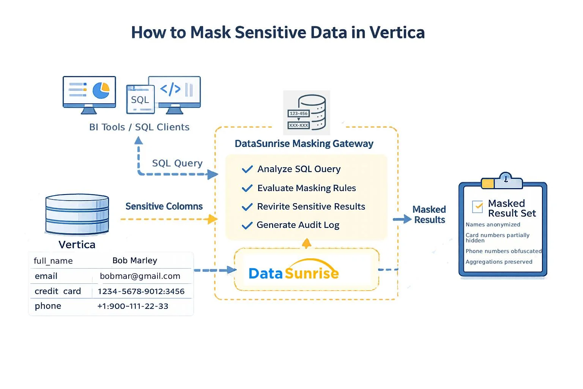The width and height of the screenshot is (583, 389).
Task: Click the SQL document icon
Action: coord(140,100)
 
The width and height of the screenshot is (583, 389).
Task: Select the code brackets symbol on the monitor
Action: coord(170,89)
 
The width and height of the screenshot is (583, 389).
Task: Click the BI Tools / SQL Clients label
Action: coord(139,127)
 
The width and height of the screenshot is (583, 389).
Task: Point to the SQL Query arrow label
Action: coord(177,163)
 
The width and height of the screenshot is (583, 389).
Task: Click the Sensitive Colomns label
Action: coord(164,206)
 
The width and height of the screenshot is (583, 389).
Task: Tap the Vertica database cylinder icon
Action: coord(77,214)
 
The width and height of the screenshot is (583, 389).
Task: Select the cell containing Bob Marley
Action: coord(135,261)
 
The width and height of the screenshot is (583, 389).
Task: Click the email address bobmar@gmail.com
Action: coord(140,276)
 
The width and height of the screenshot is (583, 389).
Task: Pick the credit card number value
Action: coord(141,291)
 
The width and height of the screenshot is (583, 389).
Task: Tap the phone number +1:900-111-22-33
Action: coord(132,306)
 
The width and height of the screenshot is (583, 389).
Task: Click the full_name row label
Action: coord(53,261)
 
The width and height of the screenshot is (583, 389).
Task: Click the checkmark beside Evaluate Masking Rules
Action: coord(247,188)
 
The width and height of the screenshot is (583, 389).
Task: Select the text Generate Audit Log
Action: coord(298,225)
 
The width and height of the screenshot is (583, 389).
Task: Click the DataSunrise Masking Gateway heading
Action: coord(304,144)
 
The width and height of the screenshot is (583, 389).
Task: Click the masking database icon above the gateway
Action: coord(307,112)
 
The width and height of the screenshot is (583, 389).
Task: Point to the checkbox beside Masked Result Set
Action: coord(477,206)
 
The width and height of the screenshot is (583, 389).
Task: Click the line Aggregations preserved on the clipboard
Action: coord(499,262)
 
